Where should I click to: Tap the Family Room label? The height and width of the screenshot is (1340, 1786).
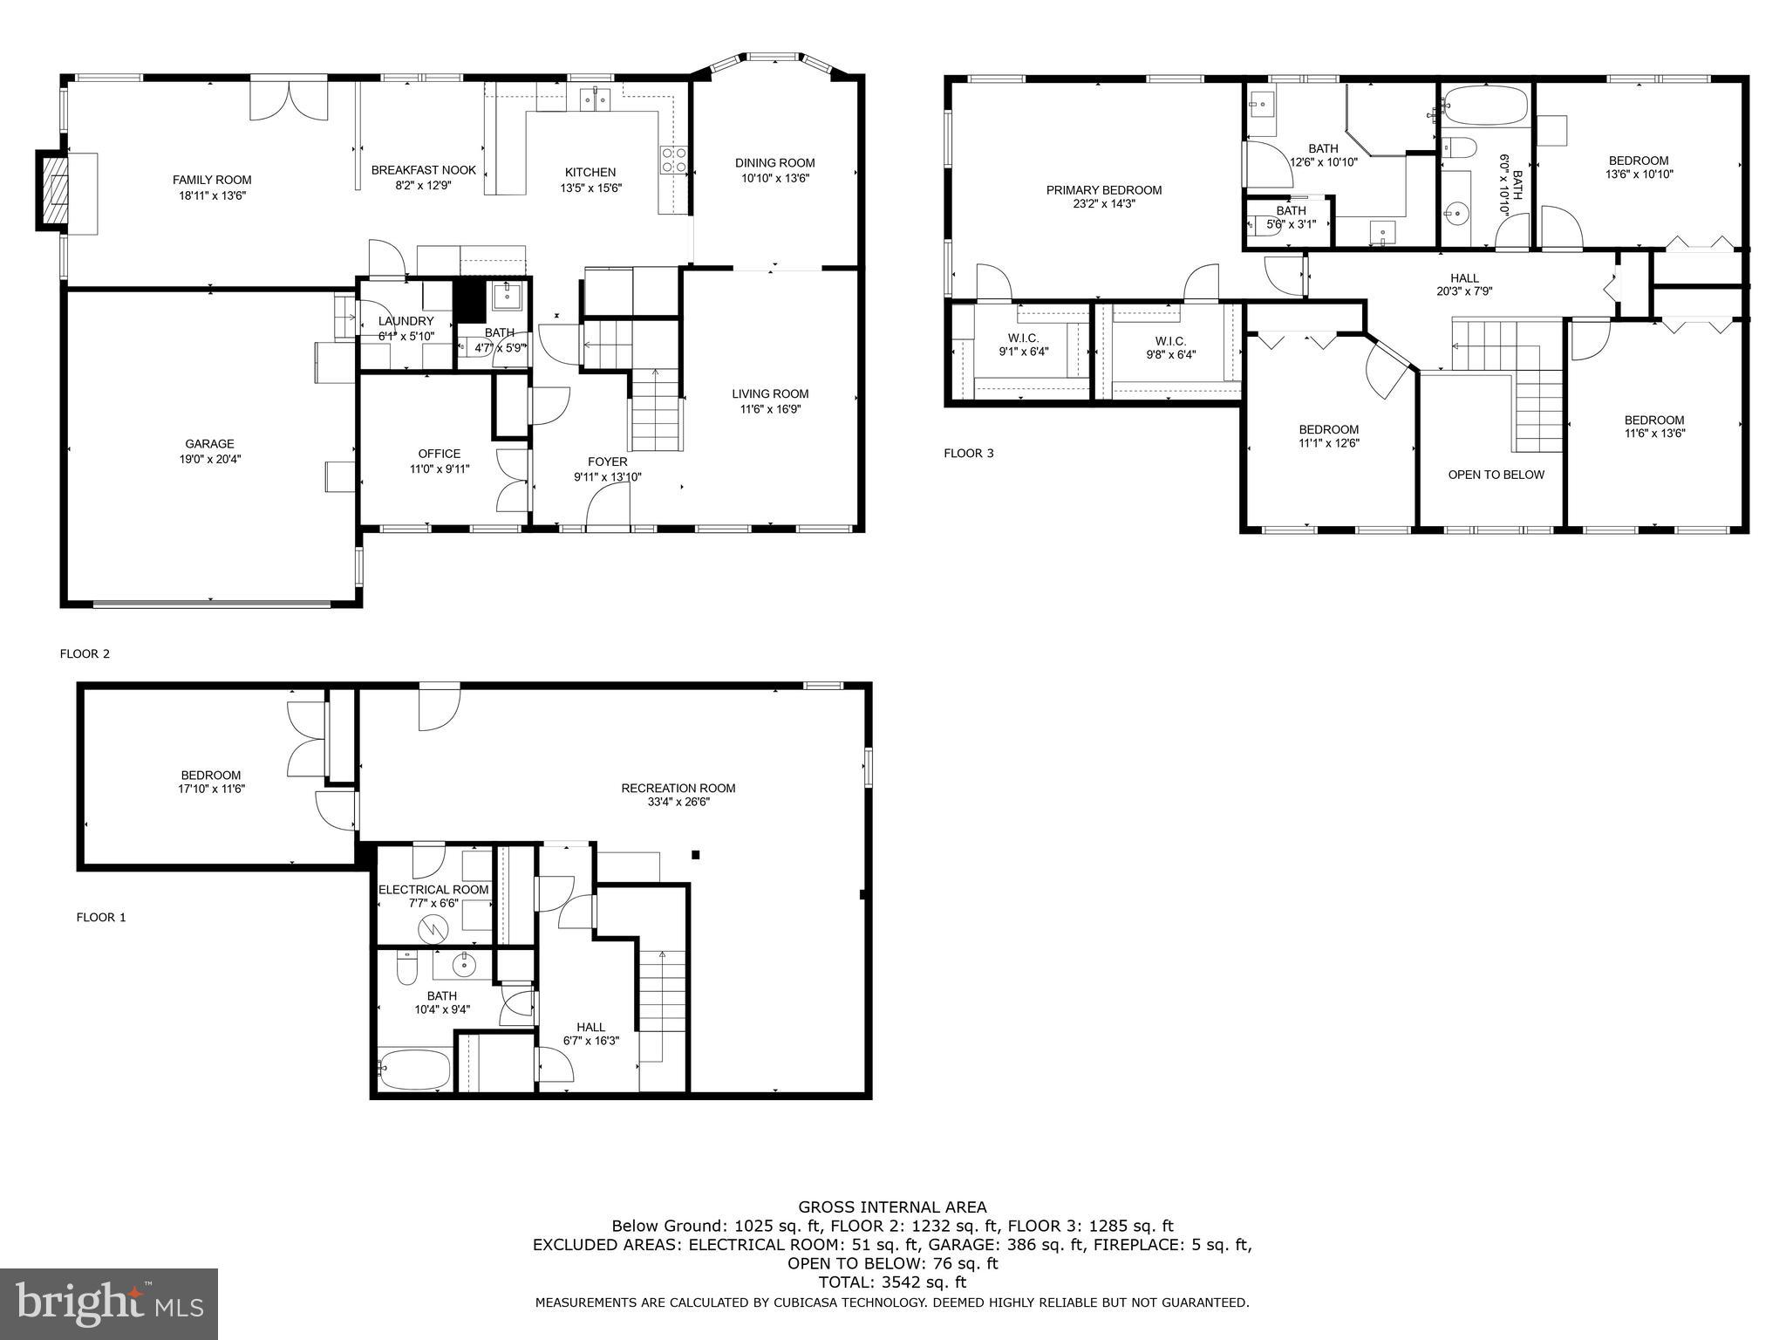[x=212, y=181]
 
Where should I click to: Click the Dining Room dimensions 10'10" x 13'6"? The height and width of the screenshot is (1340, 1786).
[x=774, y=178]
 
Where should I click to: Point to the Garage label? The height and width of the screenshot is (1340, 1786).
[x=209, y=444]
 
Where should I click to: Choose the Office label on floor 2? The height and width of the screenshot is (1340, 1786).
[x=439, y=454]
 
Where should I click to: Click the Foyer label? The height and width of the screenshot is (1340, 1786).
[x=607, y=461]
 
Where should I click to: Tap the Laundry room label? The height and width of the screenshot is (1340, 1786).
[x=406, y=321]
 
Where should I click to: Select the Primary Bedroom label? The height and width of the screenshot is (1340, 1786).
[x=1104, y=190]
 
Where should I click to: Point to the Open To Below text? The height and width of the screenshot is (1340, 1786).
[x=1496, y=475]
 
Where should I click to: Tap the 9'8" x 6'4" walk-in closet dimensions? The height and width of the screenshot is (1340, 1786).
[x=1169, y=355]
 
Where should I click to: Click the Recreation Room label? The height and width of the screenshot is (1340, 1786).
[x=678, y=788]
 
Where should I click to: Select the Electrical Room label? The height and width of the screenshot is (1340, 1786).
[x=433, y=890]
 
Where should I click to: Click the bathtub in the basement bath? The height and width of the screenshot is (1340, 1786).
[x=415, y=1068]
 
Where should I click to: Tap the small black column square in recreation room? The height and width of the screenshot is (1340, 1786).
[x=695, y=855]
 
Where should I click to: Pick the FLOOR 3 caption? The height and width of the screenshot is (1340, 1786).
[x=968, y=453]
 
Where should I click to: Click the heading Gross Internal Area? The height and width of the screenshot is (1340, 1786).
[x=892, y=1207]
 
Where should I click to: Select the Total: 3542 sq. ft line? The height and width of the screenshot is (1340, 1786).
[x=892, y=1282]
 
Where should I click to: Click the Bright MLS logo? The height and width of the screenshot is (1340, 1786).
[x=109, y=1303]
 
